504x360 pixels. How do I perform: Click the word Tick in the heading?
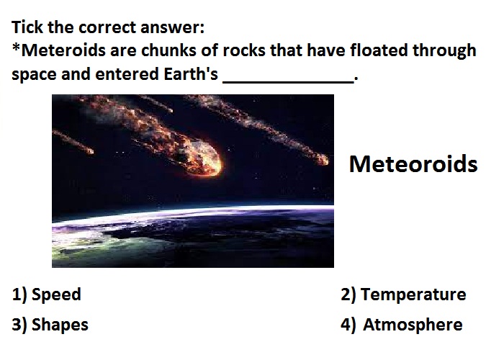pos(27,27)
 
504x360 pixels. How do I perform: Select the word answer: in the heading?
pos(172,27)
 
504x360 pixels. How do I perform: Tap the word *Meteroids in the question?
pos(59,50)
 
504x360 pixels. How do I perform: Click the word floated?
pos(379,50)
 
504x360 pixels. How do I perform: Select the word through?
pos(444,51)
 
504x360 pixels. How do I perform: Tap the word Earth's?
pos(191,74)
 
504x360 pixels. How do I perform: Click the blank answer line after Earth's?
pos(288,83)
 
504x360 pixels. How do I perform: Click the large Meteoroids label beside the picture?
pos(413,164)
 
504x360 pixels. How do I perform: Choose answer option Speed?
pos(56,294)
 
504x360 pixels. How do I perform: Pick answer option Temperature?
pos(413,294)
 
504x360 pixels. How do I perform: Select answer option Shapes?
pos(60,325)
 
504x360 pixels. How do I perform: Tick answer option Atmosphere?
pos(413,324)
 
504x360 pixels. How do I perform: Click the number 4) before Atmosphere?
pos(348,325)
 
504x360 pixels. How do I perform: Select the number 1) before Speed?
pos(19,294)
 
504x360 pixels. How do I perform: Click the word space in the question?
pos(34,75)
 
